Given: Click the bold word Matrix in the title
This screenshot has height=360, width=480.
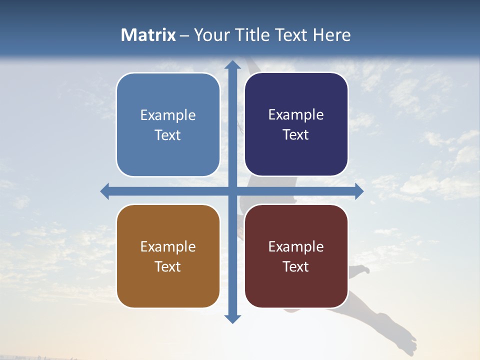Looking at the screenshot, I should point(148,35).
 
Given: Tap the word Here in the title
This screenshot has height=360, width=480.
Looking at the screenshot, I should point(331,35).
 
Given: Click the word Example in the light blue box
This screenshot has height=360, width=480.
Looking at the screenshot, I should point(168,115).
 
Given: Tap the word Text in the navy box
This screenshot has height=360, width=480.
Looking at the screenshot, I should point(295,135).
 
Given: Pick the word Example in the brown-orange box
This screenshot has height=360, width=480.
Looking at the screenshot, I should point(168,247).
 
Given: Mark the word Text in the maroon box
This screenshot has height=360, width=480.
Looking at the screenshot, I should point(295,266).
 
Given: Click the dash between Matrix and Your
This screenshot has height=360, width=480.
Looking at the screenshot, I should point(184,35).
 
